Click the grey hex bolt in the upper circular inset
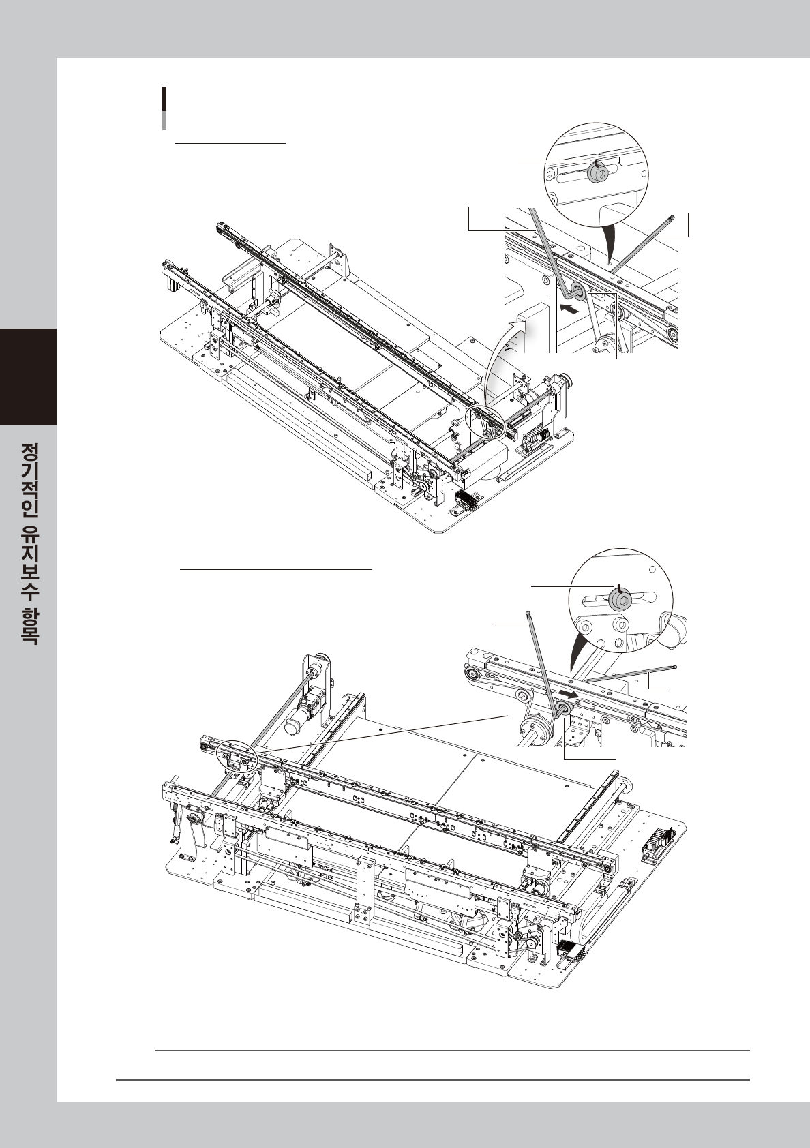pyautogui.click(x=595, y=173)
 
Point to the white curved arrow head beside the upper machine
pyautogui.click(x=521, y=327)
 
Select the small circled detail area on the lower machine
pyautogui.click(x=236, y=758)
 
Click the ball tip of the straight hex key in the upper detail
pyautogui.click(x=673, y=217)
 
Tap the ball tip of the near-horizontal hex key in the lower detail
pyautogui.click(x=675, y=668)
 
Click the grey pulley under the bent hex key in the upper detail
pyautogui.click(x=574, y=292)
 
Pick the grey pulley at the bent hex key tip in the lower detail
pyautogui.click(x=563, y=710)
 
